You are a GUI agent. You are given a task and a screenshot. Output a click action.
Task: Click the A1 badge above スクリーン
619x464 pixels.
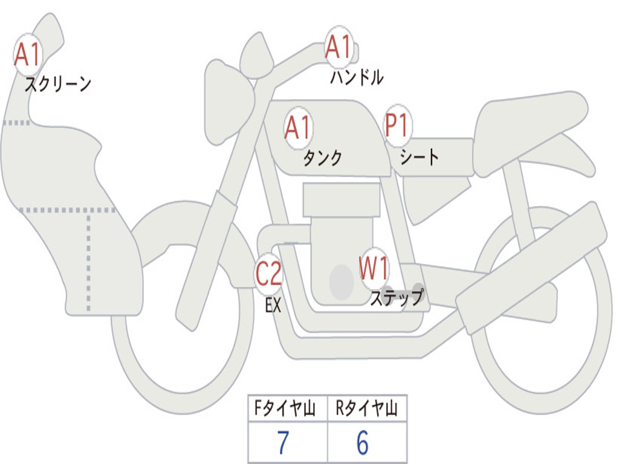pyautogui.click(x=28, y=55)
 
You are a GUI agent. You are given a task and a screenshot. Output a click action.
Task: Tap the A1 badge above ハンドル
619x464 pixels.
pyautogui.click(x=339, y=47)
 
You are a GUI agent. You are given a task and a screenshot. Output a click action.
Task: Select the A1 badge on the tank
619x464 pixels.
pyautogui.click(x=298, y=127)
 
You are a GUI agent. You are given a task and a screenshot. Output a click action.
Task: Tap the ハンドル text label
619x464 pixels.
pyautogui.click(x=357, y=77)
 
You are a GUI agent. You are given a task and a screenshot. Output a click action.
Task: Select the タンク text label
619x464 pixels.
pyautogui.click(x=323, y=158)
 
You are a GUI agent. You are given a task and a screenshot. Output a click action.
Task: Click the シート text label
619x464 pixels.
pyautogui.click(x=420, y=157)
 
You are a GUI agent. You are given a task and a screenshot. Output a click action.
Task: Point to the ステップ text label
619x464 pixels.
pyautogui.click(x=397, y=297)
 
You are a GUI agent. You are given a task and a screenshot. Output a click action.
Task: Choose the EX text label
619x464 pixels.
pyautogui.click(x=273, y=305)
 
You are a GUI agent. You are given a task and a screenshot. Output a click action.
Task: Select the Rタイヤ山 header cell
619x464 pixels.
pyautogui.click(x=367, y=408)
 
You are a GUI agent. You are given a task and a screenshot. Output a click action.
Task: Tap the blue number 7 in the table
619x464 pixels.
pyautogui.click(x=284, y=442)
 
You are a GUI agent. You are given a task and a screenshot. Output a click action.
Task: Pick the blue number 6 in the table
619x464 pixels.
pyautogui.click(x=363, y=442)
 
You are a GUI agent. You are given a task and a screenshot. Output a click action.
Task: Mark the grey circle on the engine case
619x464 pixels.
pyautogui.click(x=342, y=282)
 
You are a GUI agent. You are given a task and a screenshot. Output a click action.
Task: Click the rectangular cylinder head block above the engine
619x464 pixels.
pyautogui.click(x=342, y=199)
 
